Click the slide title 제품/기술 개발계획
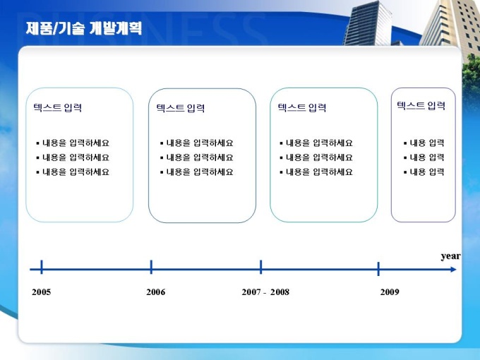point(83,28)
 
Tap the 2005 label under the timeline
point(42,292)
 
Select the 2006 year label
point(155,292)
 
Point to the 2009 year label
point(390,292)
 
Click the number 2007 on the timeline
point(251,292)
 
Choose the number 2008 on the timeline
point(280,292)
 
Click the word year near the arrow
point(450,256)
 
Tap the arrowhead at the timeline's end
point(453,270)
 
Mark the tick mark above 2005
point(42,267)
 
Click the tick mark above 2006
point(151,267)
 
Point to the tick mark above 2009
point(378,269)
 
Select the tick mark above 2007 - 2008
point(260,267)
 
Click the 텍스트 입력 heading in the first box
point(58,108)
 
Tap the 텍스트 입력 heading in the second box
point(181,108)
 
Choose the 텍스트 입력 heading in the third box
point(302,108)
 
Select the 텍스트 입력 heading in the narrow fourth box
point(421,106)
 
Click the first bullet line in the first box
point(73,143)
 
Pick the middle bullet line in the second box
point(196,157)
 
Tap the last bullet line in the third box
point(316,172)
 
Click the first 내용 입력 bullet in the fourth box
point(424,143)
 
